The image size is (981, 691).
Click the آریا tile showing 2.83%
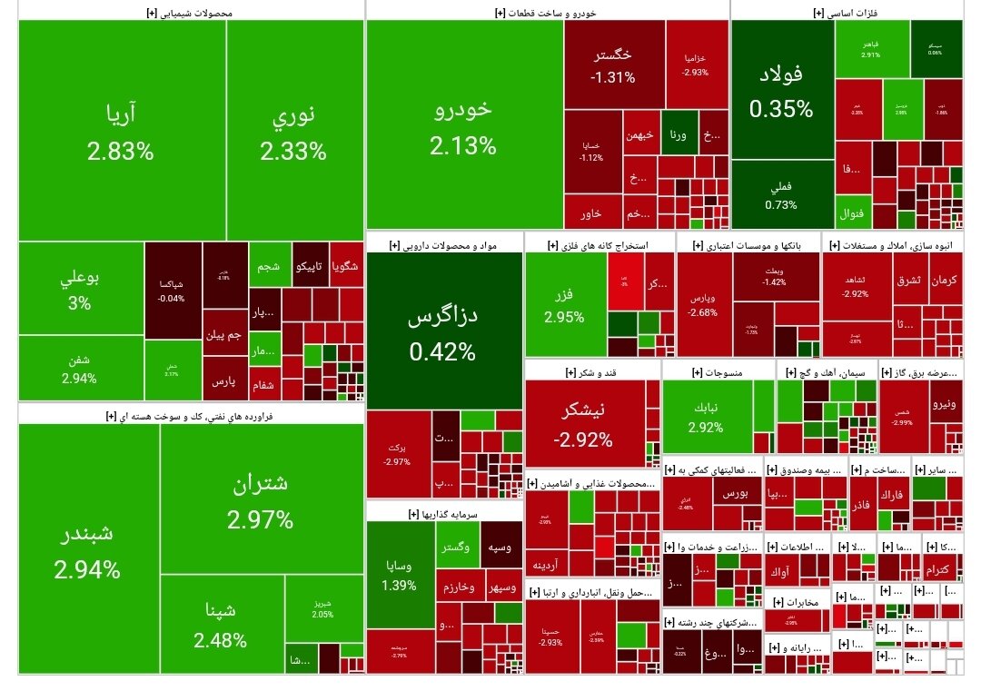tap(121, 132)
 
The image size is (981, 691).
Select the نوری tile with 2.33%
tap(293, 132)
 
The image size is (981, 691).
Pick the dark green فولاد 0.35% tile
tap(781, 91)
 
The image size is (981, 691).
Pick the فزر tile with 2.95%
tap(564, 304)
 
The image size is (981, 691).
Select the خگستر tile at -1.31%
tap(613, 65)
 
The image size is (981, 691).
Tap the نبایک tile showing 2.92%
tap(706, 416)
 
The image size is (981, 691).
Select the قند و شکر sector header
tap(591, 372)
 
